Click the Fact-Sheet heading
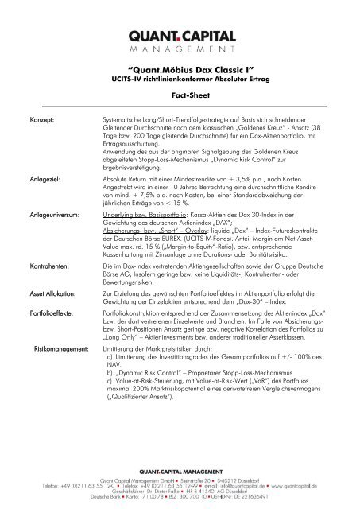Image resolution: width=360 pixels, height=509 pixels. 180,94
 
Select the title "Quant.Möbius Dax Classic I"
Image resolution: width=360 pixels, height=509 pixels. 180,70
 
